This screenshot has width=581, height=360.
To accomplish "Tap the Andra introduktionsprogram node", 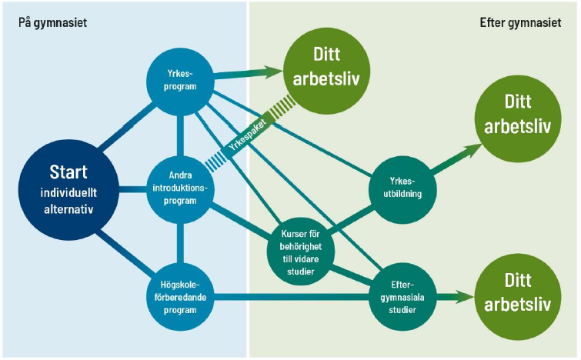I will (x=181, y=188).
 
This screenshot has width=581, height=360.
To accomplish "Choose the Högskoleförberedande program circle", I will (x=180, y=297).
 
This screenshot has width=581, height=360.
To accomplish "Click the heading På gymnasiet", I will (x=52, y=22).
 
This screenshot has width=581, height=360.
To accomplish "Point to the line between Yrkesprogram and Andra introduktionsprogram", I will (x=180, y=135).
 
